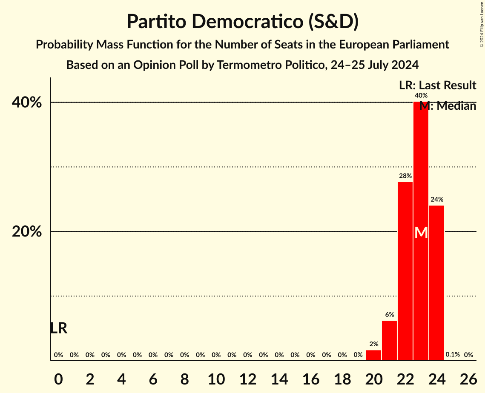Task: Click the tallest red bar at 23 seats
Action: (421, 170)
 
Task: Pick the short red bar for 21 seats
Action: (389, 340)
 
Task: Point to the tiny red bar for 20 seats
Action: (373, 355)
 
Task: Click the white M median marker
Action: (421, 232)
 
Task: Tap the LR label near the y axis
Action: (59, 328)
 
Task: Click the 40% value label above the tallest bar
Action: (421, 96)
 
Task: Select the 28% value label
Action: (405, 176)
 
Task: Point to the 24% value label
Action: (436, 199)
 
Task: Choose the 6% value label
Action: (389, 314)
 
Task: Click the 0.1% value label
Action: (453, 354)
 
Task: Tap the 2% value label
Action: (373, 344)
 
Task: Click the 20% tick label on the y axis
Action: (26, 232)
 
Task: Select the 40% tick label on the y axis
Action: (26, 103)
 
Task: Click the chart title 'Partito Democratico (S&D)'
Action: (242, 22)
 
